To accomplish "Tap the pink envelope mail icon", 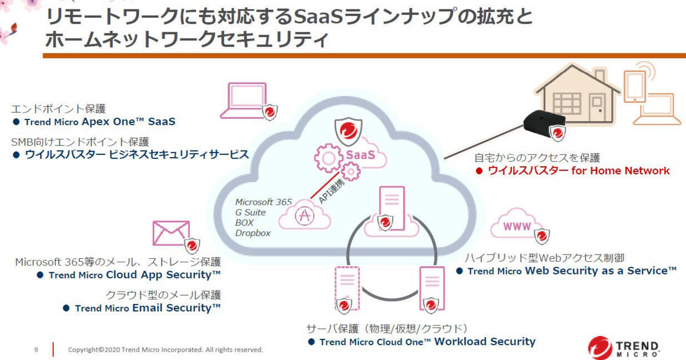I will coord(171,233).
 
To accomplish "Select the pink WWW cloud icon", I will coord(517,225).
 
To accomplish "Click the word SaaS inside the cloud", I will coord(360,156).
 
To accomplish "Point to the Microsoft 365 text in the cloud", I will coord(263,202).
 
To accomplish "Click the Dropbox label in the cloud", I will coord(253,233).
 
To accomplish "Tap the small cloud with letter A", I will coord(304,217).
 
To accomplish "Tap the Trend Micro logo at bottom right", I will coord(623,347).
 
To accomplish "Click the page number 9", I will coord(36,349).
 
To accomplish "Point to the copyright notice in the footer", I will coord(165,349).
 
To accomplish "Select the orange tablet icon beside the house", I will coord(634,87).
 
